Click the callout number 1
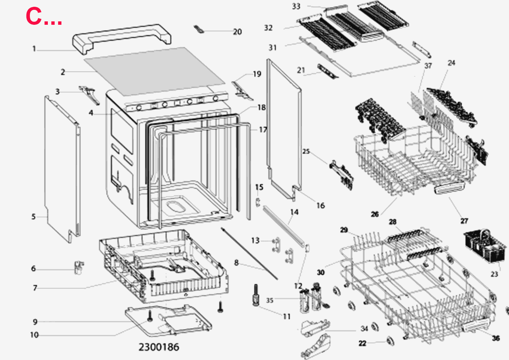pyautogui.click(x=34, y=49)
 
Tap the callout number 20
pyautogui.click(x=237, y=32)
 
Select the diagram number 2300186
pyautogui.click(x=158, y=347)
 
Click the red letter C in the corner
pyautogui.click(x=34, y=16)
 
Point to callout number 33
pyautogui.click(x=296, y=6)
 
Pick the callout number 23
pyautogui.click(x=494, y=274)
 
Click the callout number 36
pyautogui.click(x=496, y=338)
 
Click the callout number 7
pyautogui.click(x=35, y=288)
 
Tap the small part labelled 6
pyautogui.click(x=79, y=267)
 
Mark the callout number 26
pyautogui.click(x=375, y=214)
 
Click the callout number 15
pyautogui.click(x=259, y=187)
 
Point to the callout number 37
pyautogui.click(x=428, y=65)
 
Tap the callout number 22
pyautogui.click(x=362, y=343)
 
